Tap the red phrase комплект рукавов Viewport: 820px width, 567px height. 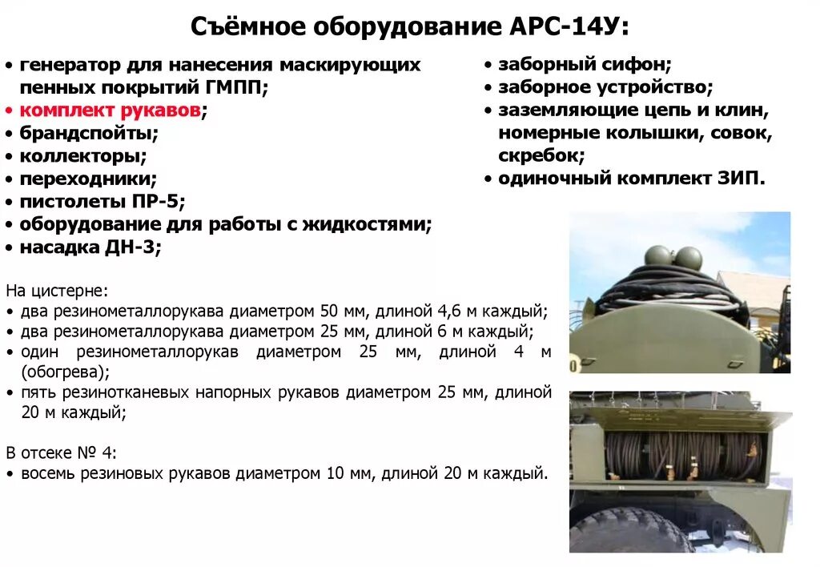pyautogui.click(x=110, y=111)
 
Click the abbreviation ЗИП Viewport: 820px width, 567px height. pyautogui.click(x=741, y=178)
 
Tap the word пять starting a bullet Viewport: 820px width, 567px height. pyautogui.click(x=37, y=392)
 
